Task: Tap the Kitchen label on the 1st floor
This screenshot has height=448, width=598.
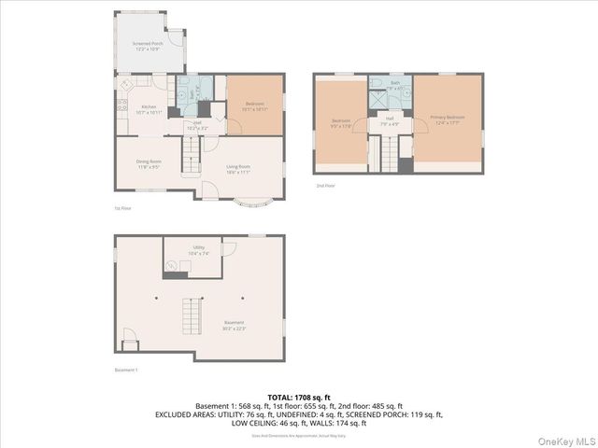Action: point(149,107)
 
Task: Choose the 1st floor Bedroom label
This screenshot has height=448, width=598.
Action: point(255,104)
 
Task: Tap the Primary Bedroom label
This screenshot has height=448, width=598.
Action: point(447,118)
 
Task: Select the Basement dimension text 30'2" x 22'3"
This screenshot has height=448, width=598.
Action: point(208,328)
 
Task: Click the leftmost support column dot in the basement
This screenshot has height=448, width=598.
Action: point(158,298)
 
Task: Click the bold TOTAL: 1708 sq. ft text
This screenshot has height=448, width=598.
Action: point(298,398)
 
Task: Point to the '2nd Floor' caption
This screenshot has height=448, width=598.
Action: point(324,186)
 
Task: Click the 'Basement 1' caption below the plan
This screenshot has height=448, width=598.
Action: point(126,371)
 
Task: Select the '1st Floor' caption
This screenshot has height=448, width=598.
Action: point(121,208)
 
